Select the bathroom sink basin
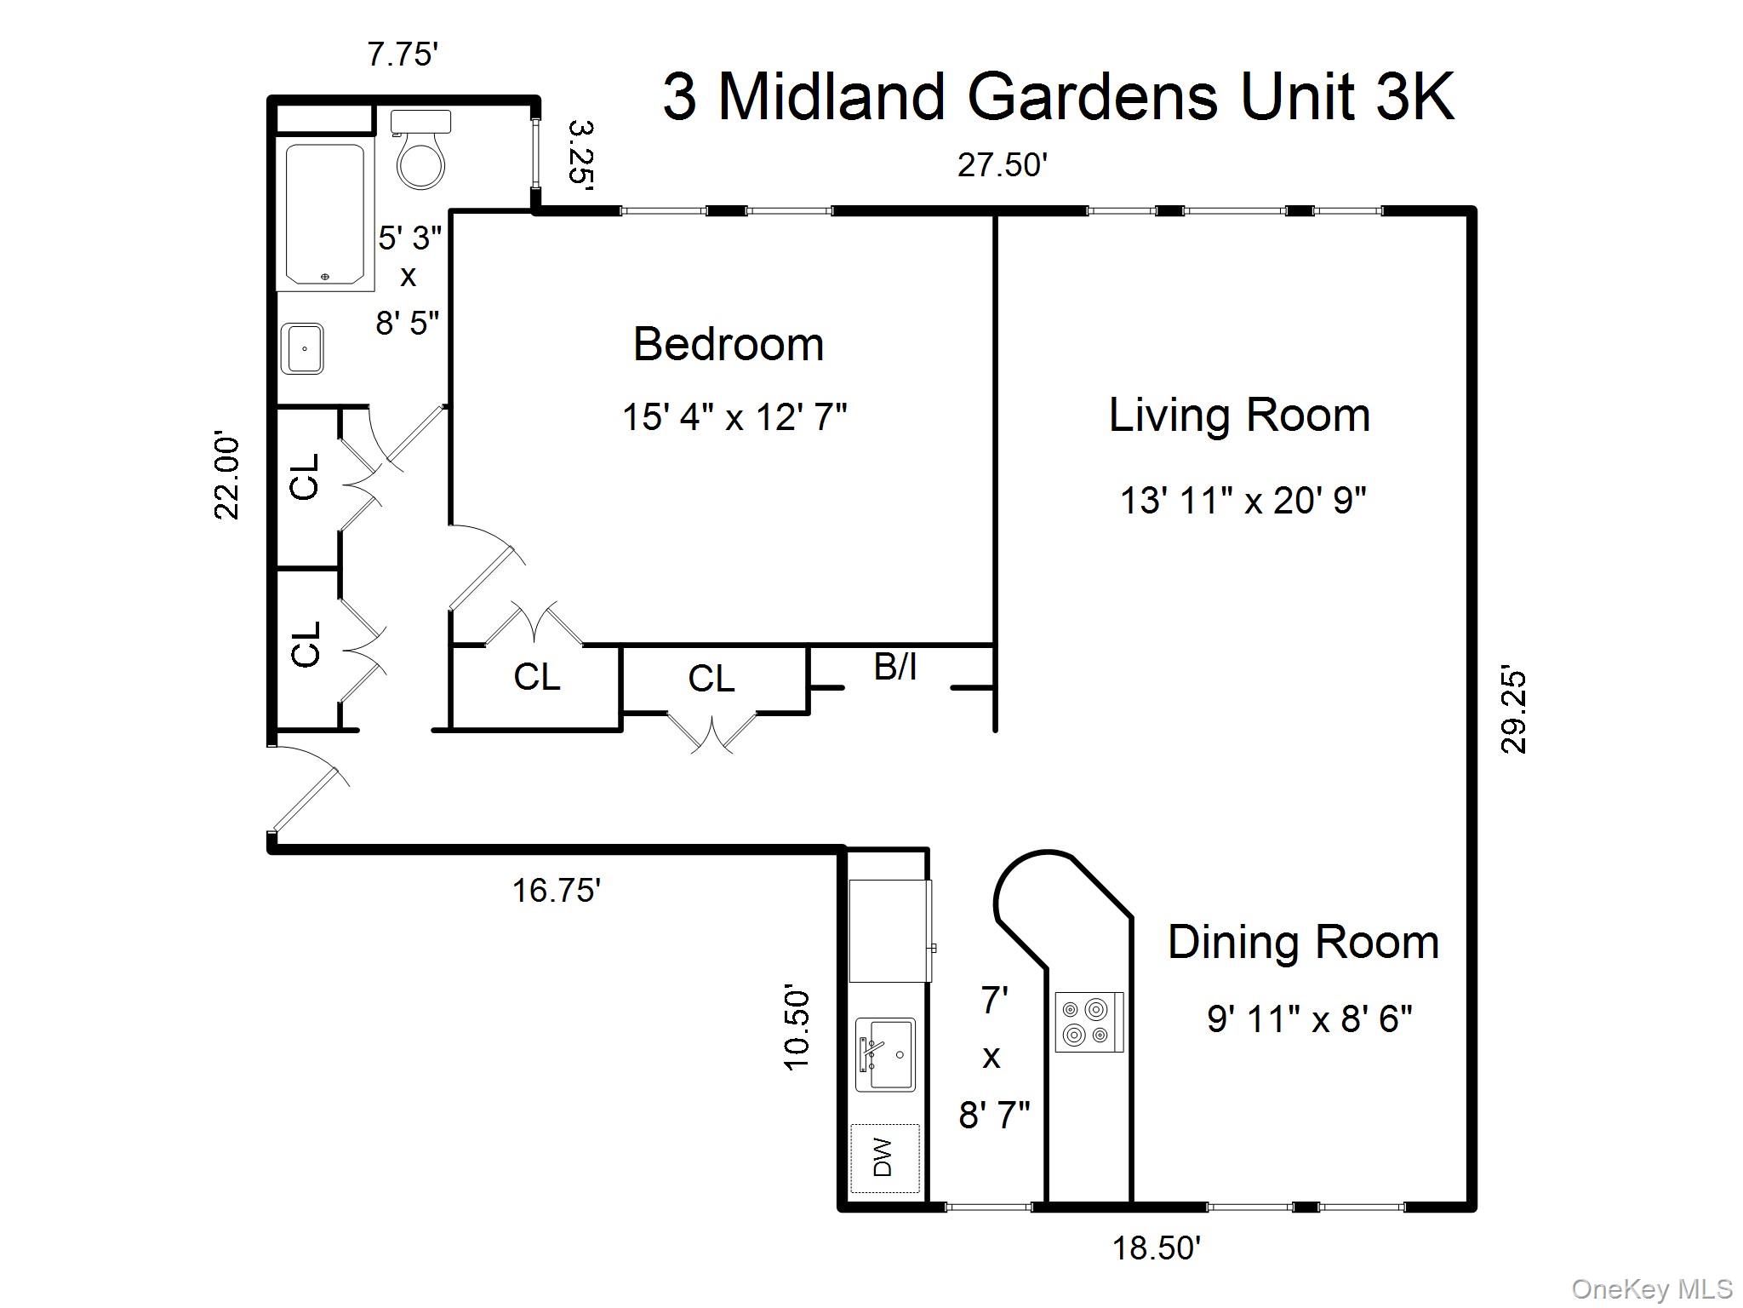(x=303, y=348)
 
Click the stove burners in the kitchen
(x=1089, y=1022)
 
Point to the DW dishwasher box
(x=885, y=1157)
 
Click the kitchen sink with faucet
(x=885, y=1054)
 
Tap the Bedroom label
(x=729, y=345)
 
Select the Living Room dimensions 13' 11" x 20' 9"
(x=1243, y=501)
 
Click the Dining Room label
(x=1303, y=943)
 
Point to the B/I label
(x=895, y=667)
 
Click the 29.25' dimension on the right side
(x=1514, y=712)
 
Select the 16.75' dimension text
(x=557, y=891)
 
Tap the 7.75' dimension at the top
(x=403, y=54)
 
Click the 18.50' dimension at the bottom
(x=1157, y=1248)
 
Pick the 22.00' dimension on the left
(x=226, y=477)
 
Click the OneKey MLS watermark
(x=1652, y=1289)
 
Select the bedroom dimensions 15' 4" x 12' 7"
(x=734, y=417)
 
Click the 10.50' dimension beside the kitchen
(x=797, y=1029)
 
